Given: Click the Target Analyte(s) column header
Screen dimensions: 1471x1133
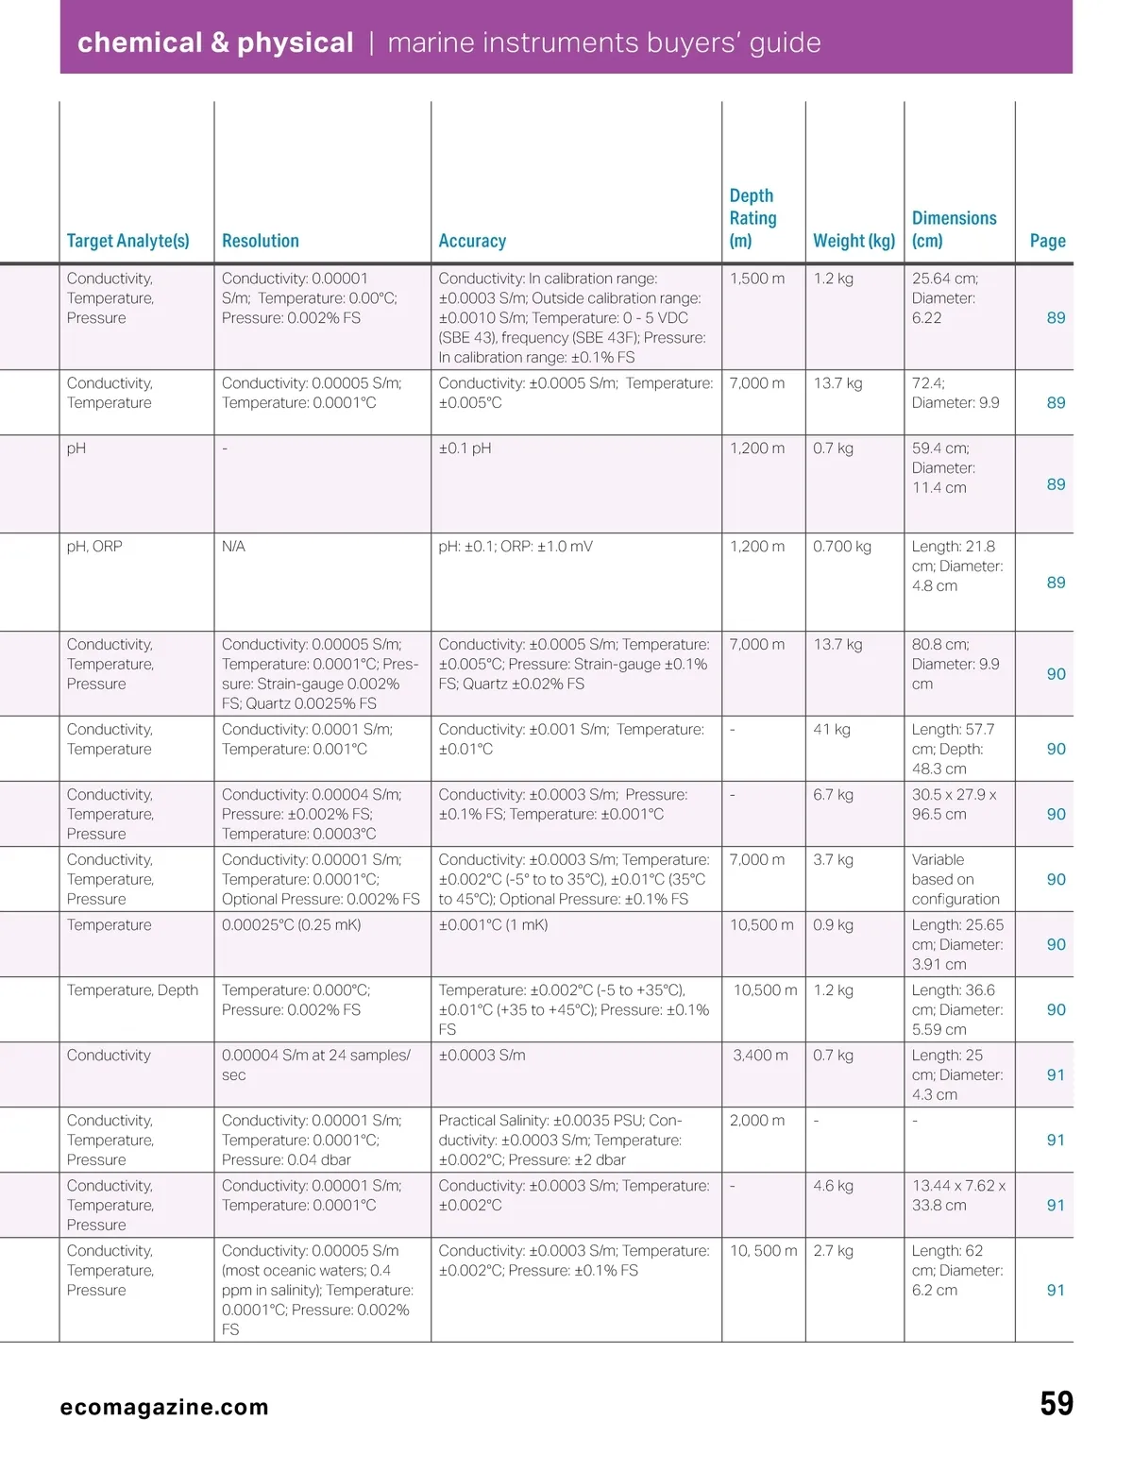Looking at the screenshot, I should [x=127, y=241].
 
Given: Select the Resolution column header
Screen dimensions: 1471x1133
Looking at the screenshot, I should [x=260, y=241].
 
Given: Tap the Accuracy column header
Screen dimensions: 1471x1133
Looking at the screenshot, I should [x=472, y=241].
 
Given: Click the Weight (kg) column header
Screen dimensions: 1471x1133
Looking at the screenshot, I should [x=854, y=241].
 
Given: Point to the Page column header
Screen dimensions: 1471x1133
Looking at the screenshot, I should [x=1047, y=241].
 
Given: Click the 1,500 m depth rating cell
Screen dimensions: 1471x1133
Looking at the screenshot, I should [x=757, y=279].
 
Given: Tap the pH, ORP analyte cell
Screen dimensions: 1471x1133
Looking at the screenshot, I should [x=94, y=547].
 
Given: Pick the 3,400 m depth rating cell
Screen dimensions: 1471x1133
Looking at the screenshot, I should [x=760, y=1056].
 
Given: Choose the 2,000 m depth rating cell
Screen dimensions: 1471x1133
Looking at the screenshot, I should [x=757, y=1121].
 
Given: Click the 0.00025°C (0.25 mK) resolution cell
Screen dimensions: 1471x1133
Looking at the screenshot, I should [x=291, y=925].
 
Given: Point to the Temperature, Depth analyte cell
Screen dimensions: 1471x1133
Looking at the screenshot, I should [x=132, y=990].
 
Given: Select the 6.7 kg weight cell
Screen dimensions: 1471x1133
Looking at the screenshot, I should [x=833, y=795].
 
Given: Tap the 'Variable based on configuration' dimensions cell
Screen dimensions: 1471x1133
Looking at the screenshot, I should [x=955, y=879].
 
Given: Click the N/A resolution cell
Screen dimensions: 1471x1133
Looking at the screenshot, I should [x=233, y=547].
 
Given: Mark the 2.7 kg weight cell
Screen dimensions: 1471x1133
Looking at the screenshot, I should [x=833, y=1251].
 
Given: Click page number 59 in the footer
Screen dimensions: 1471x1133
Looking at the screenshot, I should [x=1056, y=1404].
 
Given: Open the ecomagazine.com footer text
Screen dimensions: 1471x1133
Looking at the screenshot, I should [x=164, y=1408].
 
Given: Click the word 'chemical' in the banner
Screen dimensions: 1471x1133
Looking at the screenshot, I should [x=140, y=42].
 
